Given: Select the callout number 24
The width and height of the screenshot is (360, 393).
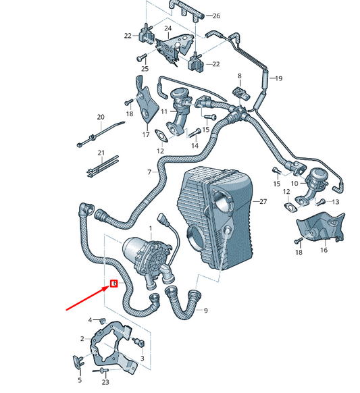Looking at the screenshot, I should click(168, 28).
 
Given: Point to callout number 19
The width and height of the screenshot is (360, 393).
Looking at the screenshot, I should click(277, 78).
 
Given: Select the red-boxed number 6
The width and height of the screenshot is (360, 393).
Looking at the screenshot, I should click(113, 283).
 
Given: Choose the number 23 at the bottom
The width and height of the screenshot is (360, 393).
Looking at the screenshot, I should click(105, 382).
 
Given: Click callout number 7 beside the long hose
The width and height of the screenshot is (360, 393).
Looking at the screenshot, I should click(149, 173).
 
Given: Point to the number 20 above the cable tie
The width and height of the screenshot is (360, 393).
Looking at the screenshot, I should click(101, 117).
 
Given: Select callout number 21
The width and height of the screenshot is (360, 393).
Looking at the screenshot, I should click(101, 153).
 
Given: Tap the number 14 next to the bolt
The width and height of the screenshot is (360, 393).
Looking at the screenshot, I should click(195, 145).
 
